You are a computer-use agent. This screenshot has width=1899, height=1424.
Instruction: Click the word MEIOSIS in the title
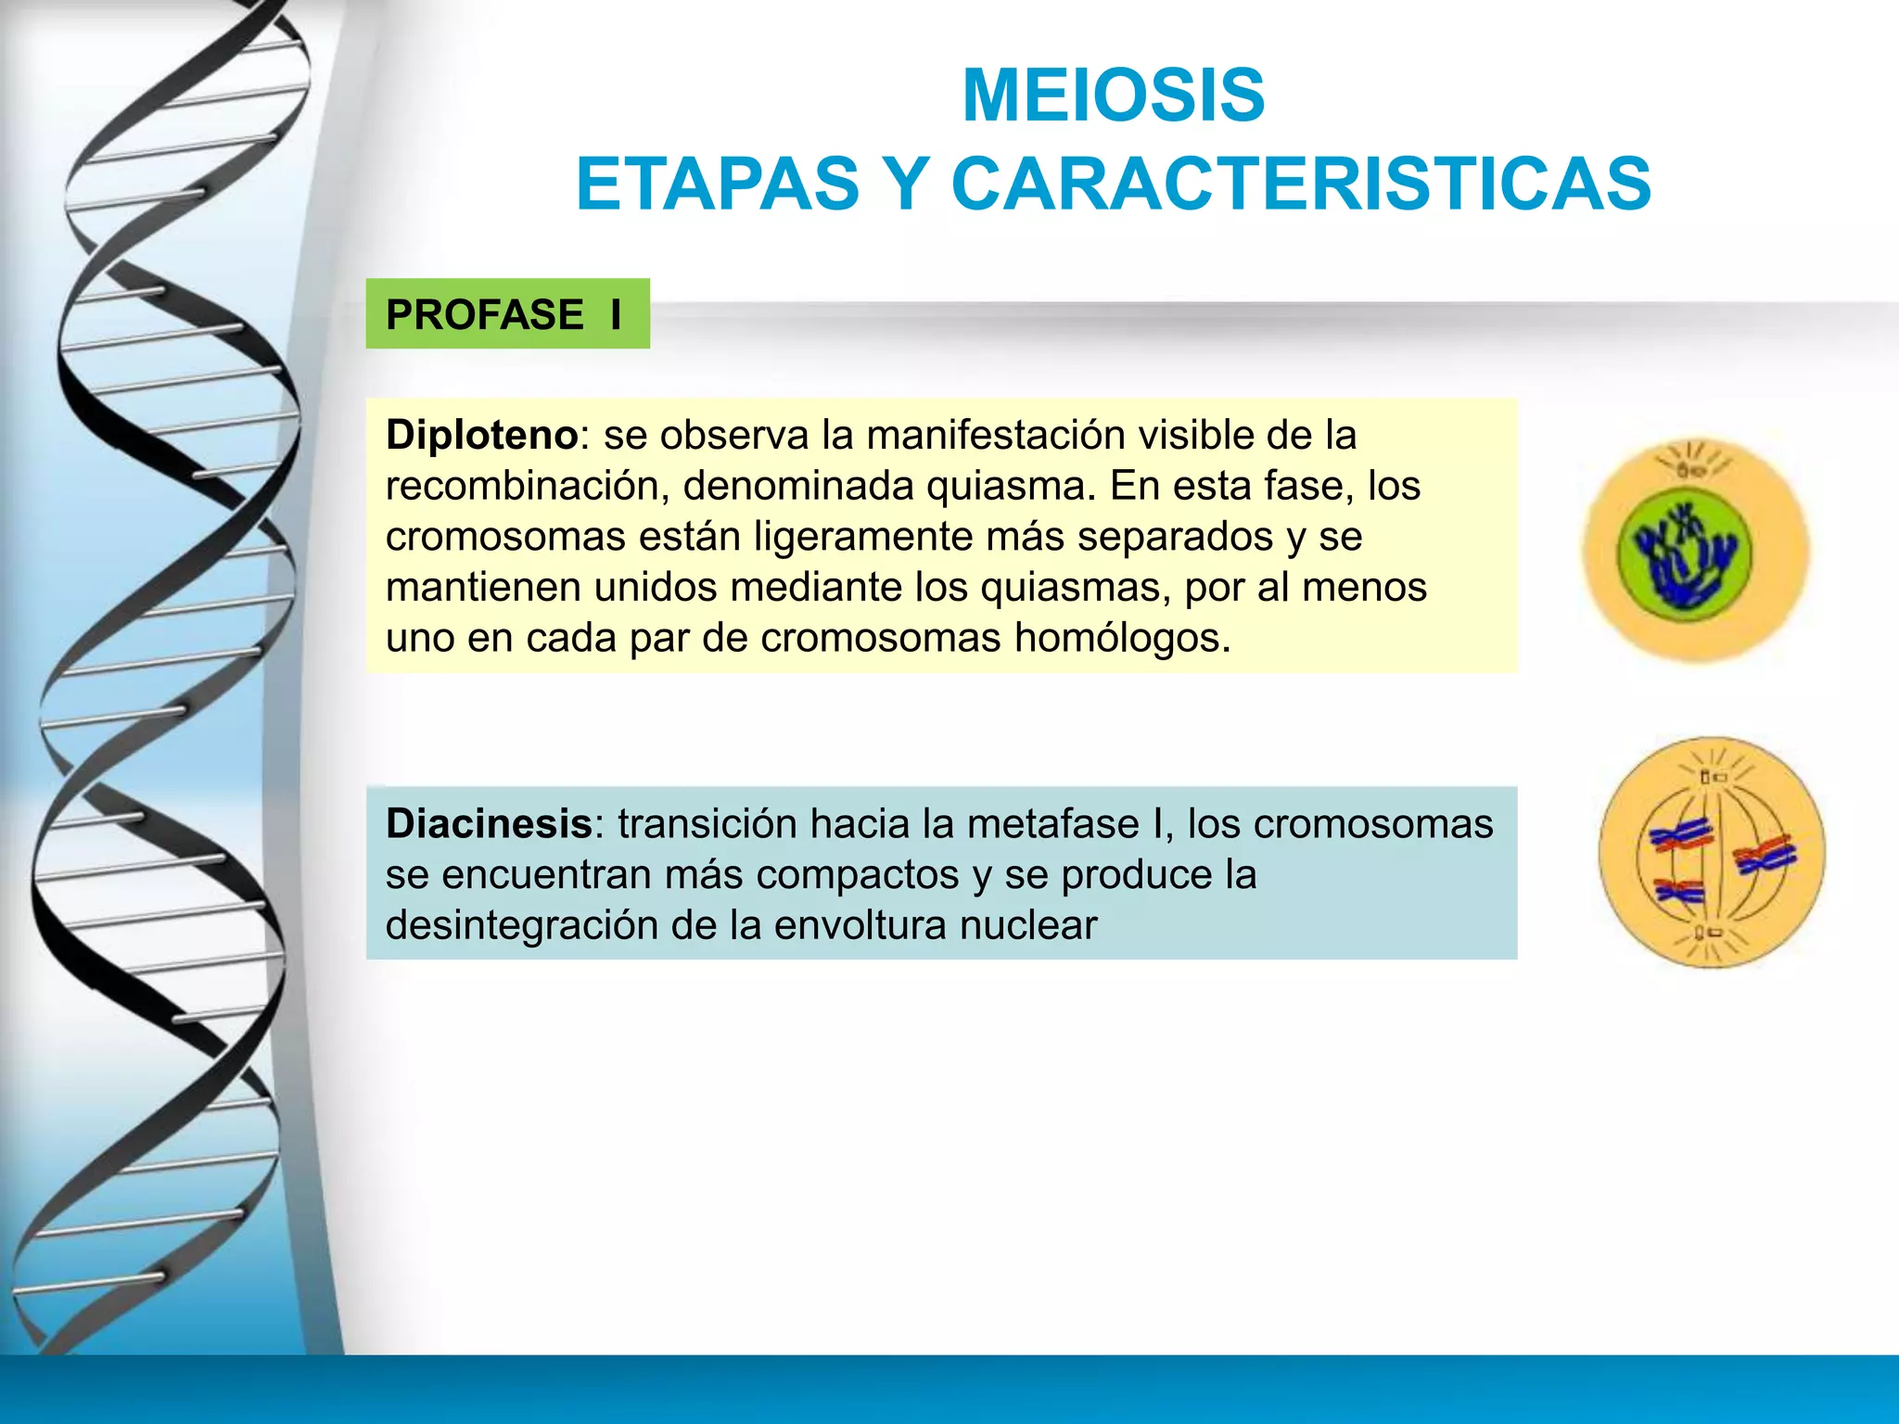pos(1113,95)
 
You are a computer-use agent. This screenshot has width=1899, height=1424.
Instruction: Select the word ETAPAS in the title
pos(718,184)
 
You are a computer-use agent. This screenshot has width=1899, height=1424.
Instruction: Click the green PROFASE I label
pos(507,314)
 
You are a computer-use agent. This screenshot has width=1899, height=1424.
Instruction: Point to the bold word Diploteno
pos(482,435)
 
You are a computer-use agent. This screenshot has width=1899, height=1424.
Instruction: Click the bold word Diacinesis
pos(489,823)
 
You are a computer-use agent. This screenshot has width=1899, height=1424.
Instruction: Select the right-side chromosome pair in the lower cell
pos(1765,855)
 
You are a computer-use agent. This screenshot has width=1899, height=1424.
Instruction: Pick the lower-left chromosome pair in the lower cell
pos(1679,893)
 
